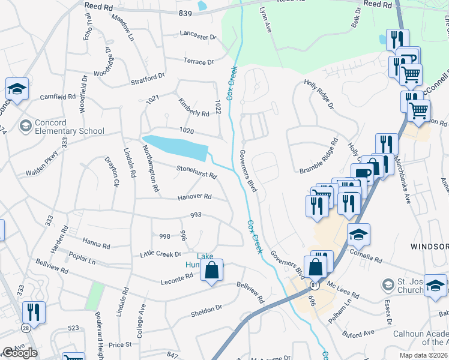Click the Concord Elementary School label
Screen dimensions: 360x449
click(x=69, y=127)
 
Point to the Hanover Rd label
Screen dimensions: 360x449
click(x=194, y=197)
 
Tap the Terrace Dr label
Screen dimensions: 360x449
click(x=198, y=62)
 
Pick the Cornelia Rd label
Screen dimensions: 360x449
click(x=369, y=259)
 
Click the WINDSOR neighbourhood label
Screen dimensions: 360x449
click(x=429, y=247)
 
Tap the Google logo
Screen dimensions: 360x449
click(x=20, y=353)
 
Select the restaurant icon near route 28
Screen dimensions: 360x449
click(x=34, y=313)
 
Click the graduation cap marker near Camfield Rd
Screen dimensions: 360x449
click(x=17, y=89)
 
